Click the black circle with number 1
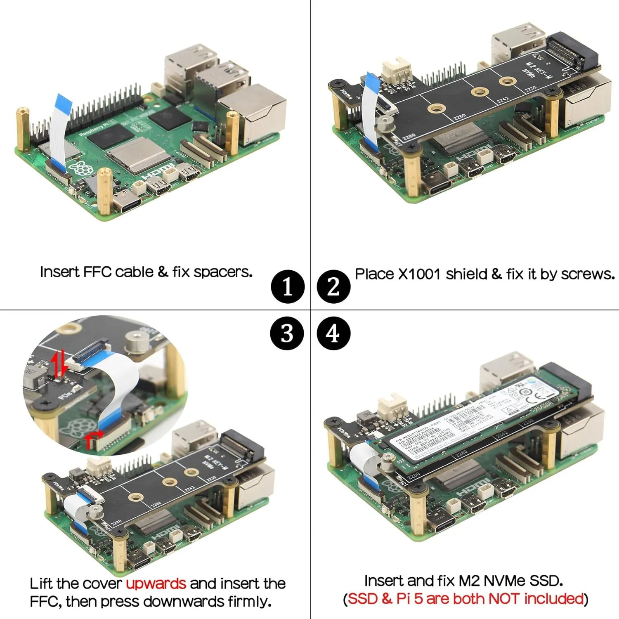(288, 286)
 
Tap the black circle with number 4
(333, 333)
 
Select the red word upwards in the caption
(156, 584)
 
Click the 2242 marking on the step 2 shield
(503, 100)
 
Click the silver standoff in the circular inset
(135, 342)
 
